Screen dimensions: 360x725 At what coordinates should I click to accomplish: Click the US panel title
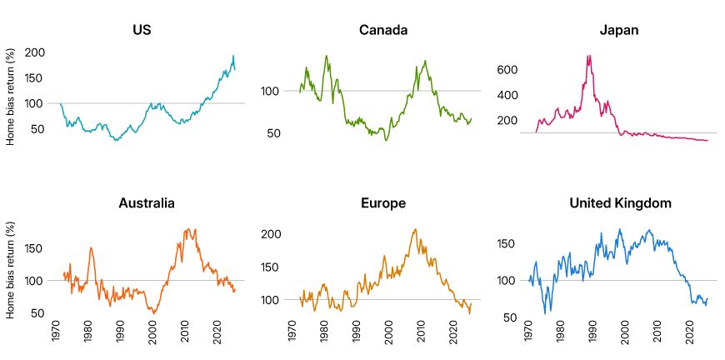tap(142, 31)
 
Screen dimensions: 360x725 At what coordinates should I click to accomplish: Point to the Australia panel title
tap(142, 202)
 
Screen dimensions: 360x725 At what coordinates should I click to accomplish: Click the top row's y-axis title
tap(11, 96)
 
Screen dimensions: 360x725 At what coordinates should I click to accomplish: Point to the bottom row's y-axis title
tap(11, 269)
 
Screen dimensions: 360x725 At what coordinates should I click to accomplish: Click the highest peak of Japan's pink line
tap(589, 56)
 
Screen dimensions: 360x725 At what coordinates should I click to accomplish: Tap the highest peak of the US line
tap(232, 56)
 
